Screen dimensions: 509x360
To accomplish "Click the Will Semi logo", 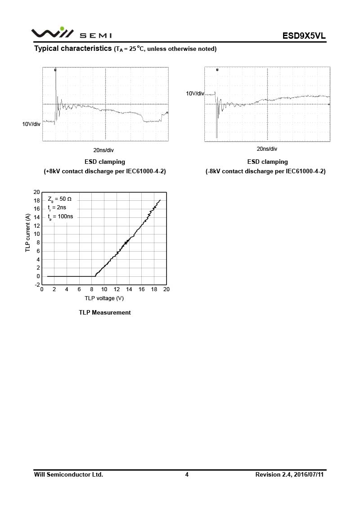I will coord(71,34).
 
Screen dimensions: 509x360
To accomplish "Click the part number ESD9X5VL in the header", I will coord(304,36).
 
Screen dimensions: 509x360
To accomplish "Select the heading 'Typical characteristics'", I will coord(73,49).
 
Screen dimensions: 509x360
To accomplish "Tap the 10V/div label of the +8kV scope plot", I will coord(31,124).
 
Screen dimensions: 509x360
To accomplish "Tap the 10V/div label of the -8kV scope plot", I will coord(195,94).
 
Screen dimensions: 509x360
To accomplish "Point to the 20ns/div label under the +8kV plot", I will coord(103,150).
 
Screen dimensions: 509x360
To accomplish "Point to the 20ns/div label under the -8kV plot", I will coord(267,149).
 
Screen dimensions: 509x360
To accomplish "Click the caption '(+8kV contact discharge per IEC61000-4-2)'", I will coord(105,171).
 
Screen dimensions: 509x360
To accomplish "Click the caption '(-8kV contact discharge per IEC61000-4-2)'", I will coord(265,171).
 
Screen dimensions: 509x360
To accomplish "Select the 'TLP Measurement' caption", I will coord(105,312).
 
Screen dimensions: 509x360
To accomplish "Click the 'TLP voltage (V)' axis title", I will coord(104,298).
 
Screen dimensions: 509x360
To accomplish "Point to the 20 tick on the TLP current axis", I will coord(36,192).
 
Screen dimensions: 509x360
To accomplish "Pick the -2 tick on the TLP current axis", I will coord(36,285).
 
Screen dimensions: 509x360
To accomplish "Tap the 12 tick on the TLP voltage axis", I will coord(117,289).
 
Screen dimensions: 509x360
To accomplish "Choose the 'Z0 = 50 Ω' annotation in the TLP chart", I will coord(60,199).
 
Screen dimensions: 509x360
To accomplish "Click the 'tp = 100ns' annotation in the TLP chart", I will coord(60,216).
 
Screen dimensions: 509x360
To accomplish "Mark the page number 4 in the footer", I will coord(187,474).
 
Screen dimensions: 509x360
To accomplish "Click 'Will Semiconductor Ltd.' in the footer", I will coord(69,474).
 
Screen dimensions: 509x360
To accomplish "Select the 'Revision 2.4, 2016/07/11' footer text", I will coord(289,474).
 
